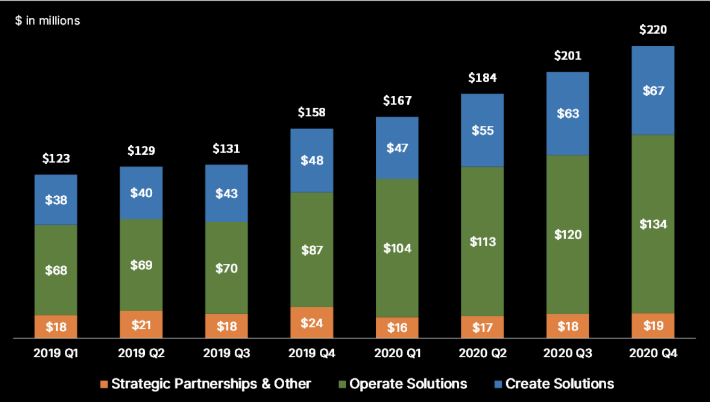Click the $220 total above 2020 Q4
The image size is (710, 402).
[x=653, y=30]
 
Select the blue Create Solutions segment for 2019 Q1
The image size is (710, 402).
[x=56, y=200]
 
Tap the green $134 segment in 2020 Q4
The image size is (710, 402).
[x=653, y=224]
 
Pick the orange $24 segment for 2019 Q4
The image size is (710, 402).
[x=312, y=323]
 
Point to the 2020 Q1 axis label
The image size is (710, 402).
[x=397, y=353]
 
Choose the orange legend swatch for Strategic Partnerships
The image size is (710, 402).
[x=104, y=384]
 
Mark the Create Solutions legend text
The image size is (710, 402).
[x=559, y=384]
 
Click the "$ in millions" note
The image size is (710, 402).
[x=47, y=21]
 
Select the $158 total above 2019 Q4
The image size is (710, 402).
[x=312, y=112]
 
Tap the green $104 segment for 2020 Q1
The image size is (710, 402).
[x=397, y=248]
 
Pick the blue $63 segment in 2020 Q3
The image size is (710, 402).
[x=568, y=113]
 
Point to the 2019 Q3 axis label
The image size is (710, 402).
[x=226, y=353]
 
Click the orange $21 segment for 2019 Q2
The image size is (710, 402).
[x=141, y=324]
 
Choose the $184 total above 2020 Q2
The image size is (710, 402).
[x=482, y=78]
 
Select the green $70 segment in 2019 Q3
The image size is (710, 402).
[x=226, y=268]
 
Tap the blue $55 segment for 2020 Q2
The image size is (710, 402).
[x=482, y=130]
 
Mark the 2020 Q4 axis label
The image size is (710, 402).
[x=653, y=353]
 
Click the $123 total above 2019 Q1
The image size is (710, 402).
[x=56, y=158]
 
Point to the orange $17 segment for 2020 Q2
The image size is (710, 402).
[x=482, y=327]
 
